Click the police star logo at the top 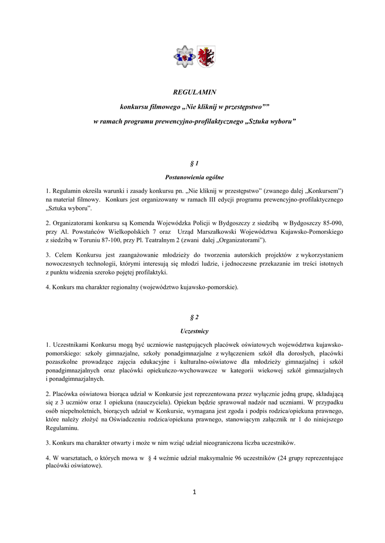click(184, 57)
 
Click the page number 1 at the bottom click(194, 492)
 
